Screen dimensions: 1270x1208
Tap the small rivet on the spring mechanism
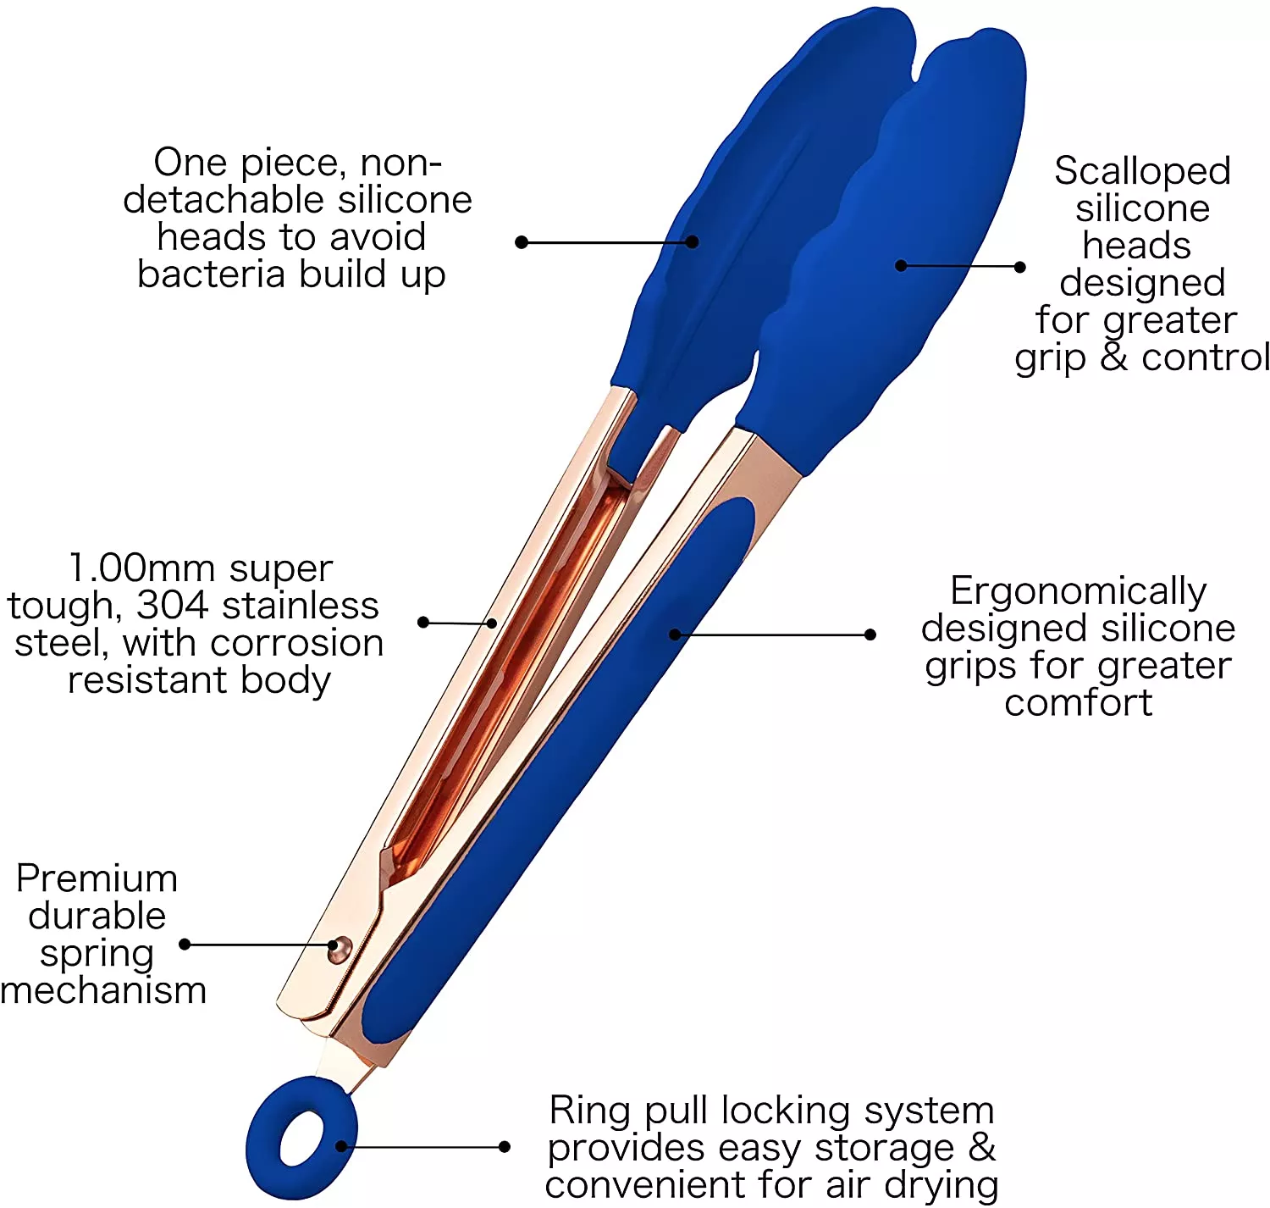point(340,950)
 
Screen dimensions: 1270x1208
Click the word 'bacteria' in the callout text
point(211,274)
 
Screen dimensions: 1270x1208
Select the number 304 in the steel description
point(173,606)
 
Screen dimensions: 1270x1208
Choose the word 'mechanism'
point(103,990)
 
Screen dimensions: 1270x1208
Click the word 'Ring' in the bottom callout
point(589,1111)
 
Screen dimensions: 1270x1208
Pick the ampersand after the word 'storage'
point(981,1148)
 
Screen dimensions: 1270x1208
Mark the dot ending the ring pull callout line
point(505,1147)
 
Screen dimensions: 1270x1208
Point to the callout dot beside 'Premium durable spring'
point(185,945)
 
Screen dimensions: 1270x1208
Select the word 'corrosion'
point(296,643)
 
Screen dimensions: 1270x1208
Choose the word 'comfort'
point(1078,702)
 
